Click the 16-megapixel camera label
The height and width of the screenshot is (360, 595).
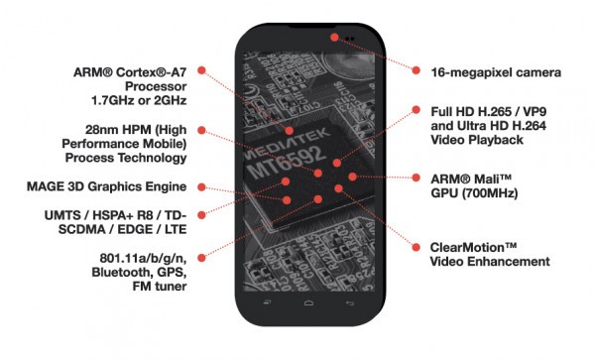[x=496, y=72]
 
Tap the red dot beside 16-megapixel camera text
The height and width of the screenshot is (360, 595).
[x=416, y=70]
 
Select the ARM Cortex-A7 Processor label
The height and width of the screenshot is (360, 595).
[x=130, y=79]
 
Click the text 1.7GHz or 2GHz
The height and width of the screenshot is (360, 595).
[x=139, y=100]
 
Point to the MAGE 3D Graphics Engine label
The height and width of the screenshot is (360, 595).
[x=107, y=186]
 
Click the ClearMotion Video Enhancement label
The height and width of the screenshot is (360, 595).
[x=490, y=255]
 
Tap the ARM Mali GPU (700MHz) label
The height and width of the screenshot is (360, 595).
[x=474, y=185]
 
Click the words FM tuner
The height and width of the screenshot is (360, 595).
[x=160, y=287]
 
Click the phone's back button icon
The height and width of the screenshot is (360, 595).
[x=350, y=303]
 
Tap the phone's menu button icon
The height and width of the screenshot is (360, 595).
[x=267, y=302]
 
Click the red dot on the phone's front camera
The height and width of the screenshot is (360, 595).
[x=334, y=37]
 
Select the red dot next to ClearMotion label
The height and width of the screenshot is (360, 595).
[x=416, y=247]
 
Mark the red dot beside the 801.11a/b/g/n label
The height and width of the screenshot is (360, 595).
[x=202, y=258]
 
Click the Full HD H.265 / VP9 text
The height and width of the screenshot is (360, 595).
[x=489, y=112]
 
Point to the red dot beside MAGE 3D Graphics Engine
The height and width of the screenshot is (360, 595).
[x=202, y=187]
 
